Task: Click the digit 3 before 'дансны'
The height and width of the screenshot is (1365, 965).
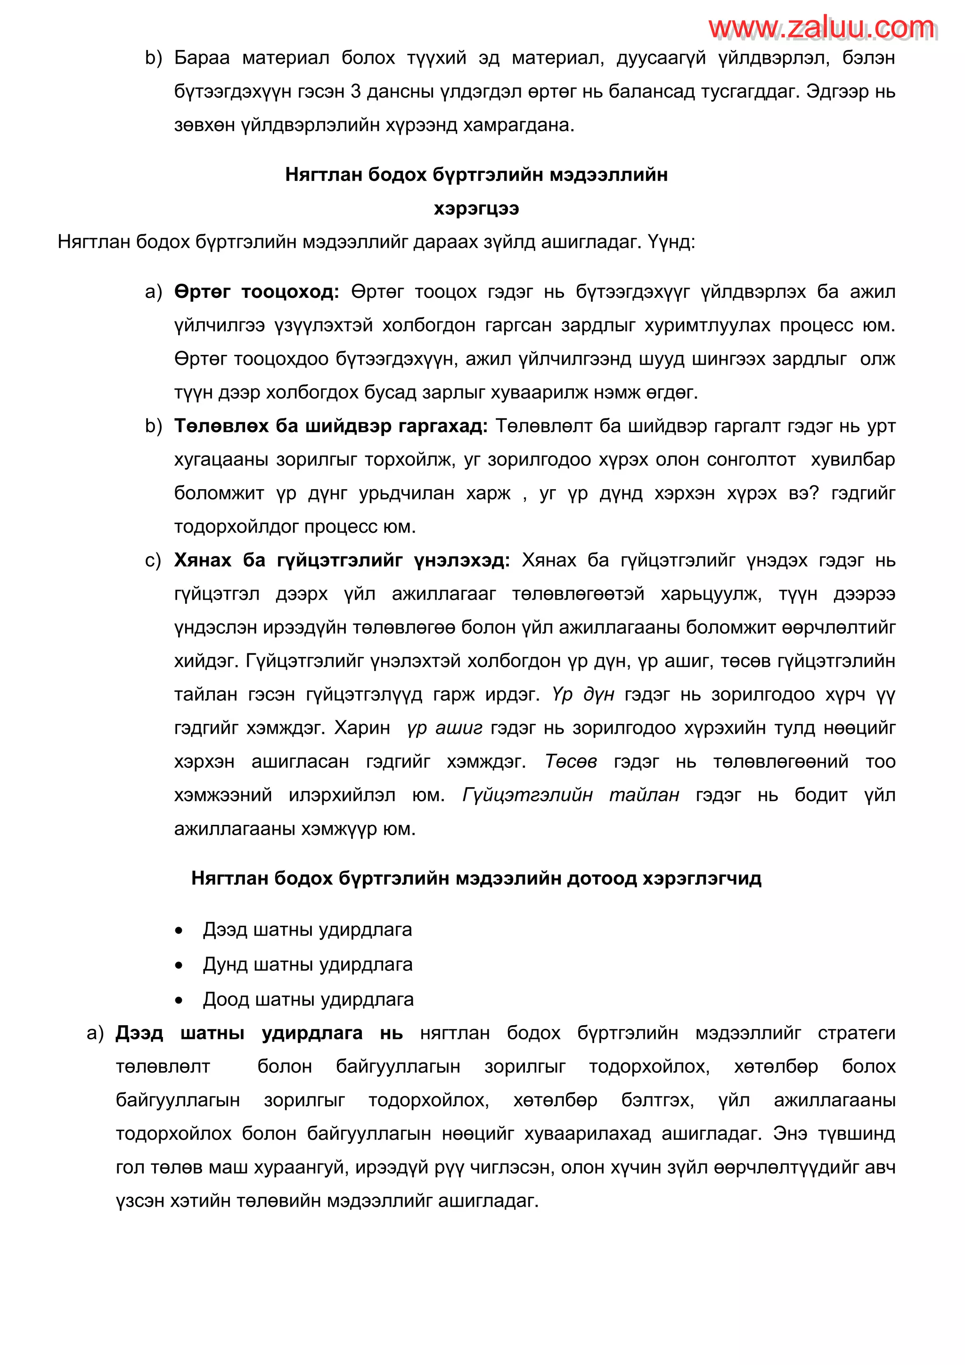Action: pyautogui.click(x=355, y=91)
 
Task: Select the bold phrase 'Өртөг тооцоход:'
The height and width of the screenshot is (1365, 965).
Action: pyautogui.click(x=256, y=292)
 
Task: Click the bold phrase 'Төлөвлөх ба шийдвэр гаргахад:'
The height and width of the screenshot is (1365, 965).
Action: pyautogui.click(x=330, y=426)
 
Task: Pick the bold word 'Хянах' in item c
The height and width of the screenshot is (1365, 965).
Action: pyautogui.click(x=202, y=560)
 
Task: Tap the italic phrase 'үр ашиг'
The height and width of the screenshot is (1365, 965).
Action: pyautogui.click(x=444, y=728)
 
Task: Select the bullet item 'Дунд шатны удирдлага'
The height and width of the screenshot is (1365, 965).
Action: pyautogui.click(x=307, y=964)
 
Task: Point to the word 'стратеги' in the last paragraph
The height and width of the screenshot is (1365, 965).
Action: pyautogui.click(x=856, y=1033)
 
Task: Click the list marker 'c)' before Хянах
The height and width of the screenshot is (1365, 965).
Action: pyautogui.click(x=153, y=560)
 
